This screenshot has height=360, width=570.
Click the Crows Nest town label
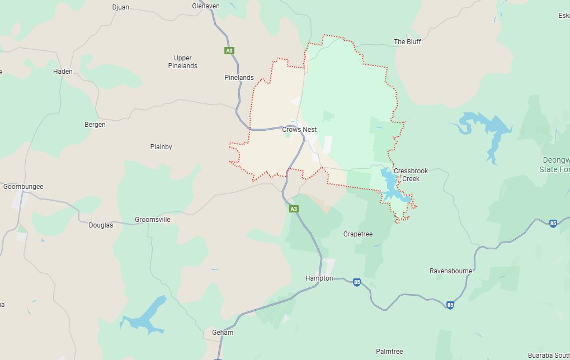coord(299,130)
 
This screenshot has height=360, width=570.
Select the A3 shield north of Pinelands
coord(229,51)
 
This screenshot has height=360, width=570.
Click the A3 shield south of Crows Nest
coord(294,209)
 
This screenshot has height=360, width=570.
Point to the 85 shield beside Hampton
coord(357,282)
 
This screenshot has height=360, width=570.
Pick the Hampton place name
coord(319,278)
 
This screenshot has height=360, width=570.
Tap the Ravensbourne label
coord(451,271)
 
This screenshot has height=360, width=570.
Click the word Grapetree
coord(358,234)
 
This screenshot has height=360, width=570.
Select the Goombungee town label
coord(23,187)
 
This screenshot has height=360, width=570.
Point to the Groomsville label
coord(153,220)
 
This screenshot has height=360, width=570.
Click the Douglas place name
coord(101,225)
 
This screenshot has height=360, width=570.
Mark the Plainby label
coord(161,147)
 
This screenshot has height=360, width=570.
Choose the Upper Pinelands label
coord(182,62)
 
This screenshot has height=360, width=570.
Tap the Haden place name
coord(63,72)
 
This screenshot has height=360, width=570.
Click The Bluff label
coord(407,42)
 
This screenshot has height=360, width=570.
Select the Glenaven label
coord(206,6)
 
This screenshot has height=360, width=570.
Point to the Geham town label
coord(223,333)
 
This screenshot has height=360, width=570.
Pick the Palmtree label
coord(389,352)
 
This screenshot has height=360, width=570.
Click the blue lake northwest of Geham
coord(147,316)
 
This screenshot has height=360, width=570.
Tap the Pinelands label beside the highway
coord(239,78)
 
